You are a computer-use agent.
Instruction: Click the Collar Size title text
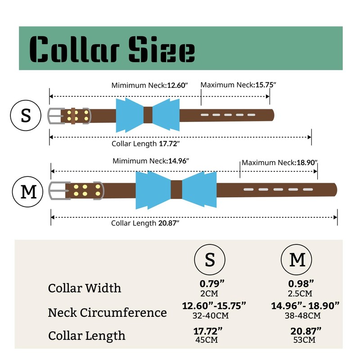tap(112, 49)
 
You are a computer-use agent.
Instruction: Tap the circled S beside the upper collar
tap(26, 115)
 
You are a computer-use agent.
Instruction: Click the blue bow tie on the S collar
tap(130, 115)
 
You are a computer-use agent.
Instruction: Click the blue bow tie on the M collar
tap(153, 190)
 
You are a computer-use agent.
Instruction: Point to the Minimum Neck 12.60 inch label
tap(149, 85)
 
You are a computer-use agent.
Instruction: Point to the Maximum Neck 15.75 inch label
tap(238, 85)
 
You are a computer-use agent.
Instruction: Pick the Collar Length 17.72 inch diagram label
tap(146, 144)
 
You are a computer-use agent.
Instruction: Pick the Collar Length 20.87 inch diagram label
tap(145, 223)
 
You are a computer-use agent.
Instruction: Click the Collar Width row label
tap(85, 288)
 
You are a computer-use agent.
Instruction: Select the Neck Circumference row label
tap(107, 312)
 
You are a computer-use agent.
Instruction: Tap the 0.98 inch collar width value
tap(301, 283)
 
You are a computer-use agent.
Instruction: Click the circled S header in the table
tap(210, 260)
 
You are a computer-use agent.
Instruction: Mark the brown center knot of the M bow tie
tap(176, 190)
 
